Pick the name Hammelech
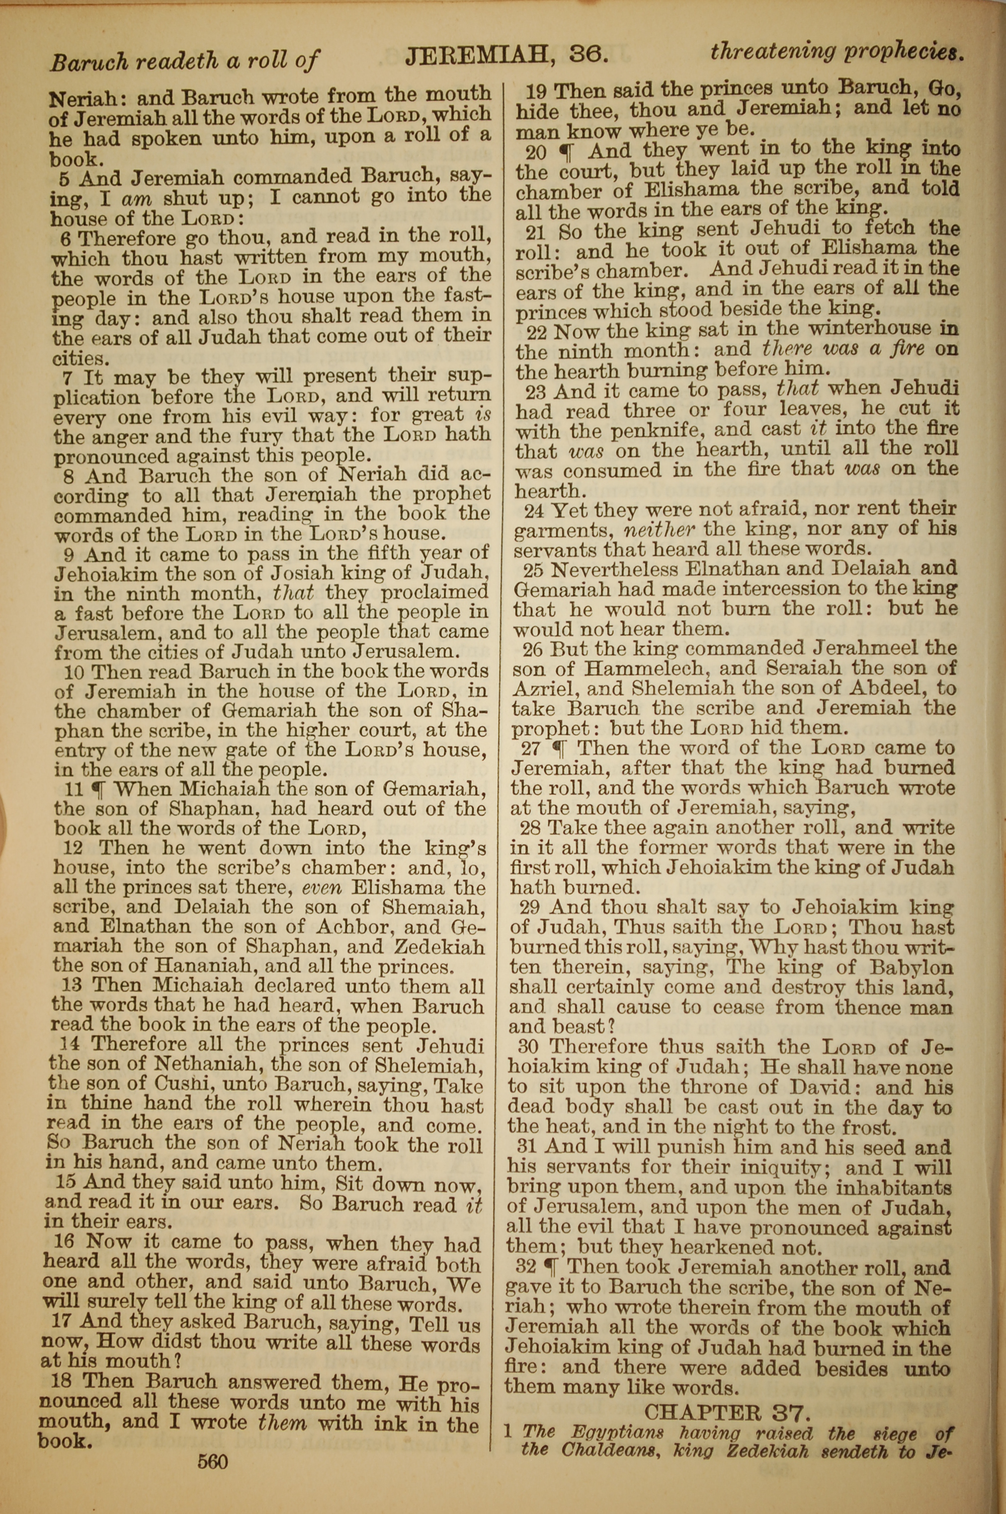(x=654, y=668)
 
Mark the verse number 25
(x=534, y=569)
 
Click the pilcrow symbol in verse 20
(x=566, y=152)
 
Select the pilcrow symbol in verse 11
(x=98, y=789)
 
